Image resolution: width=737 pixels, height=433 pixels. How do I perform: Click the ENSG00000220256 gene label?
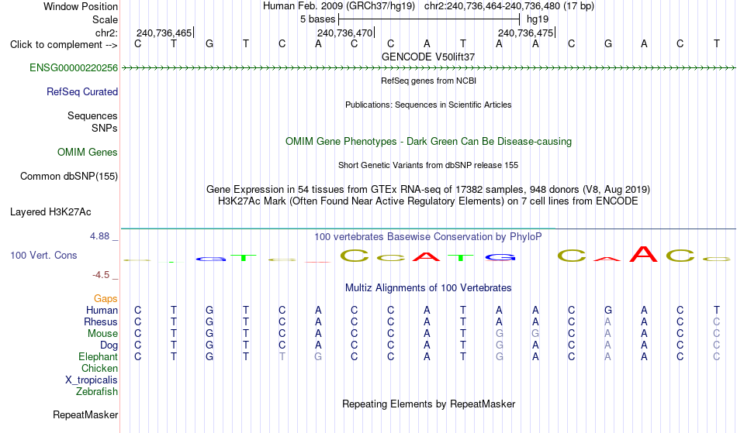74,68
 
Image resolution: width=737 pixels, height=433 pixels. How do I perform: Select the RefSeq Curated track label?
82,92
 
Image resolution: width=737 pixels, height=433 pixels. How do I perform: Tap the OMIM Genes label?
88,153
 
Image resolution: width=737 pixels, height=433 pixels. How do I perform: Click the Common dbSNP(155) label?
69,177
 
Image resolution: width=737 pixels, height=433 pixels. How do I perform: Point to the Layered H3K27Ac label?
50,212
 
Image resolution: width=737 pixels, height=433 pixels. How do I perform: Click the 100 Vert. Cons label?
43,255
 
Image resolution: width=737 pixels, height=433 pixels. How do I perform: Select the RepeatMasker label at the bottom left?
85,414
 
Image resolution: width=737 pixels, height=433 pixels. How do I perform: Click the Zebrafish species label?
97,392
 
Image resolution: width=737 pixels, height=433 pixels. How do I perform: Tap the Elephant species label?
98,357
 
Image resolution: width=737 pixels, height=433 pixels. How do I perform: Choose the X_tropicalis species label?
92,380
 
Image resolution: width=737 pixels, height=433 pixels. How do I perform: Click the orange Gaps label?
106,299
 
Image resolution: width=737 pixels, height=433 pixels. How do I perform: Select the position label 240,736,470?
345,33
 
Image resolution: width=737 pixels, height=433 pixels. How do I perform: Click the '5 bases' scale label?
318,19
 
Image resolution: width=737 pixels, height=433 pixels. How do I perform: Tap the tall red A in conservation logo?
643,254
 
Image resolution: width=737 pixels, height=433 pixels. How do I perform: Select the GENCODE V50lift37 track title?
428,57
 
